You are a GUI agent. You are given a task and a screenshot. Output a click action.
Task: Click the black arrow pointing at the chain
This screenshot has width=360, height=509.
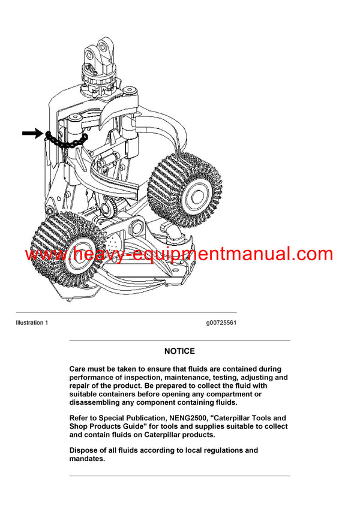point(32,134)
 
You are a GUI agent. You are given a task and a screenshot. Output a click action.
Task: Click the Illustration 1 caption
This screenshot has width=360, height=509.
point(32,323)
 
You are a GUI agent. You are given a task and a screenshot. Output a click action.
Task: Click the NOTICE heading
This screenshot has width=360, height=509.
point(179,351)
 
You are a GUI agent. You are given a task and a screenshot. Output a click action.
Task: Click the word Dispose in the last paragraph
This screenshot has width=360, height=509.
point(85,450)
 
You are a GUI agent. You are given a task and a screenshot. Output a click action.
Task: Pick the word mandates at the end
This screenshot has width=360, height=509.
point(87,459)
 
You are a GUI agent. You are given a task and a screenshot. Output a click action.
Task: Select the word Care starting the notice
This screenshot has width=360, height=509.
point(79,369)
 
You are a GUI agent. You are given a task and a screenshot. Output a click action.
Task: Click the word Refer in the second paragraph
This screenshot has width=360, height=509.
point(80,418)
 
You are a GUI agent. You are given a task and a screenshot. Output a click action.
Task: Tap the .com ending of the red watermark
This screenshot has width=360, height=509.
point(311,254)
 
